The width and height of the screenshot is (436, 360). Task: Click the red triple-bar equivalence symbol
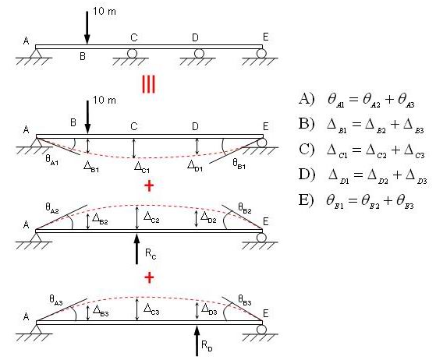pos(148,84)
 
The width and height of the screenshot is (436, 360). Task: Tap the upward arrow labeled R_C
pos(136,249)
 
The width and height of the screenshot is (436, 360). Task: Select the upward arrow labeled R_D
pos(197,341)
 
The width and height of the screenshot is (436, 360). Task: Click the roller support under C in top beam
pos(132,53)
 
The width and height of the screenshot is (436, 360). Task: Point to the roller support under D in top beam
pos(199,53)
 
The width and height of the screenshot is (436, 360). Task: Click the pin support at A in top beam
pos(35,53)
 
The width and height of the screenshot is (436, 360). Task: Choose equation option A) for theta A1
pos(356,100)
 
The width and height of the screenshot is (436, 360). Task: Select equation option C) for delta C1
pos(361,150)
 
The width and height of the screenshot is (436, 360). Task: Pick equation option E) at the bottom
pos(356,200)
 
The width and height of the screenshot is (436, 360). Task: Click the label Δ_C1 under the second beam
pos(142,168)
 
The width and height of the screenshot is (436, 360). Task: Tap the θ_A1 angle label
pos(52,161)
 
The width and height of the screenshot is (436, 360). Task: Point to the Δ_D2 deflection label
pos(208,217)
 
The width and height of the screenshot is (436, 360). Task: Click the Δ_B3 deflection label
pos(101,311)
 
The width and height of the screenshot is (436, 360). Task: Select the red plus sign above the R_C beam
pos(149,185)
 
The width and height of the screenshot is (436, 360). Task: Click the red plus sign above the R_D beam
pos(149,277)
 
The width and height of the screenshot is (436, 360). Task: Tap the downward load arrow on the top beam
pos(87,28)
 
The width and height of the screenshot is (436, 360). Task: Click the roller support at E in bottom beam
pos(261,329)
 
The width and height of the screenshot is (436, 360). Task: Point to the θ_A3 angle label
pos(56,300)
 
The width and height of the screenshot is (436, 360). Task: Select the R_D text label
pos(207,346)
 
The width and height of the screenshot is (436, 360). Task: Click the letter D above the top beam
pos(195,37)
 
